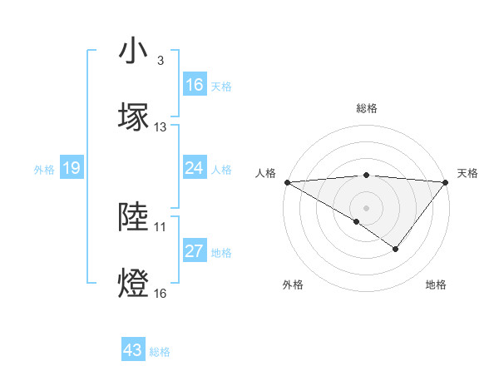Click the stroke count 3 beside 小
point(160,62)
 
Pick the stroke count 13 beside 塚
point(161,127)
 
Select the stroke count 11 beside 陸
point(161,225)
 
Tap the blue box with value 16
point(195,85)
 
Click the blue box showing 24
point(195,169)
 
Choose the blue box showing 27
point(195,252)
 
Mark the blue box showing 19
point(71,169)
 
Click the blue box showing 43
point(133,351)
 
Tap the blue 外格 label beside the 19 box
point(44,170)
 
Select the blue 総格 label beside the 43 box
point(160,352)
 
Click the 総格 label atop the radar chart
point(366,109)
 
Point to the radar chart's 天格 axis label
point(467,173)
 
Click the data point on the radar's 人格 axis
point(287,182)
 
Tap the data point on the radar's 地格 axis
point(396,249)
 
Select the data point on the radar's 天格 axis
point(446,182)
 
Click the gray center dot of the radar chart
point(366,208)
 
